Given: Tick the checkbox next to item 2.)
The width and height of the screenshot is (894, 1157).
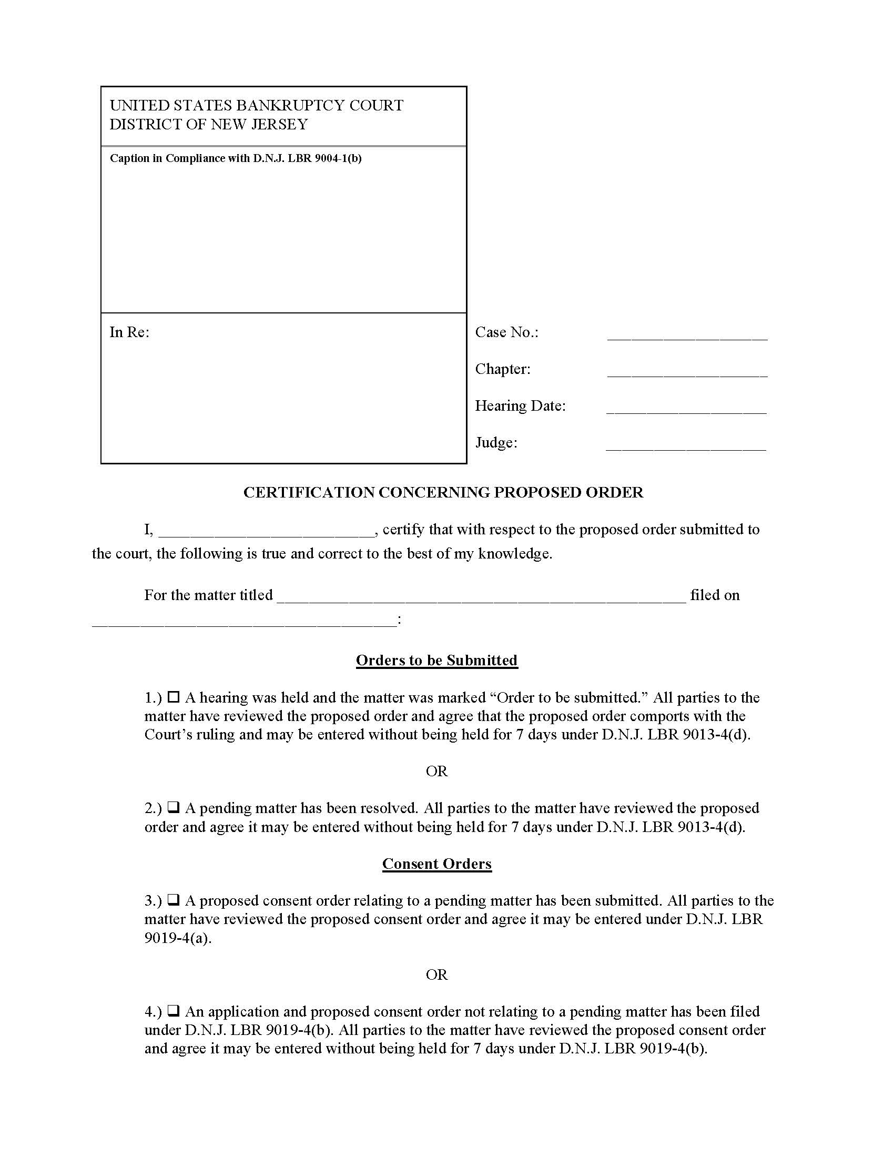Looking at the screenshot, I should (173, 807).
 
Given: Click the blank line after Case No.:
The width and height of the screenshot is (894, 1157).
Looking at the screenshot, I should (687, 334).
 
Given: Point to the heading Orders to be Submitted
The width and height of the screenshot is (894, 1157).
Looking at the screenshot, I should (436, 660).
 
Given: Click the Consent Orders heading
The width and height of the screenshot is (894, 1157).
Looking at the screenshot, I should (436, 864).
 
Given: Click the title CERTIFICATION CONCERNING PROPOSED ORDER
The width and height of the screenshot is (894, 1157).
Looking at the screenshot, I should (443, 492).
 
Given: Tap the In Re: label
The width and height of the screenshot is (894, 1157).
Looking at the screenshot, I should (129, 332).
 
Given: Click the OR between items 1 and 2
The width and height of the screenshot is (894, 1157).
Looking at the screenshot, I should (436, 771).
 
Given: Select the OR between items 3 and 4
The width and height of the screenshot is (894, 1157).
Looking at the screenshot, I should (436, 974).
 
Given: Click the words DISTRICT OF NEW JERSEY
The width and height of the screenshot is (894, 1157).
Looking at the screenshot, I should (208, 125).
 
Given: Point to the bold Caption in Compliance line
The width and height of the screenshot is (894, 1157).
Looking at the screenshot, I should (235, 158).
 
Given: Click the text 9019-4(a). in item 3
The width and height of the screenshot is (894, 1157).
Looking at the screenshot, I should (177, 938).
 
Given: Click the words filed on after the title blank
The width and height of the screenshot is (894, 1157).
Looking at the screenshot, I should (715, 595).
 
